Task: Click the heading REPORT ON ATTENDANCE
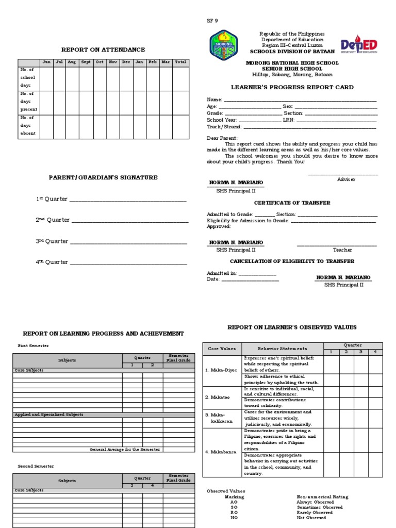click(x=103, y=49)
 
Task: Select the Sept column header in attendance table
click(x=86, y=62)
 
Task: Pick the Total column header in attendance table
click(x=180, y=62)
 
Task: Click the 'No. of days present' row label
click(x=28, y=102)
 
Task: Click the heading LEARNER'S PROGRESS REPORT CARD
click(x=292, y=87)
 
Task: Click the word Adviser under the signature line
click(x=346, y=179)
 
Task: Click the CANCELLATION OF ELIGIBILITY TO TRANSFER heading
click(x=292, y=261)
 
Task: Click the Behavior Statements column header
click(x=282, y=349)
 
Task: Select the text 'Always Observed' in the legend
click(x=315, y=502)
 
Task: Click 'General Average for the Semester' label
click(x=125, y=449)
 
